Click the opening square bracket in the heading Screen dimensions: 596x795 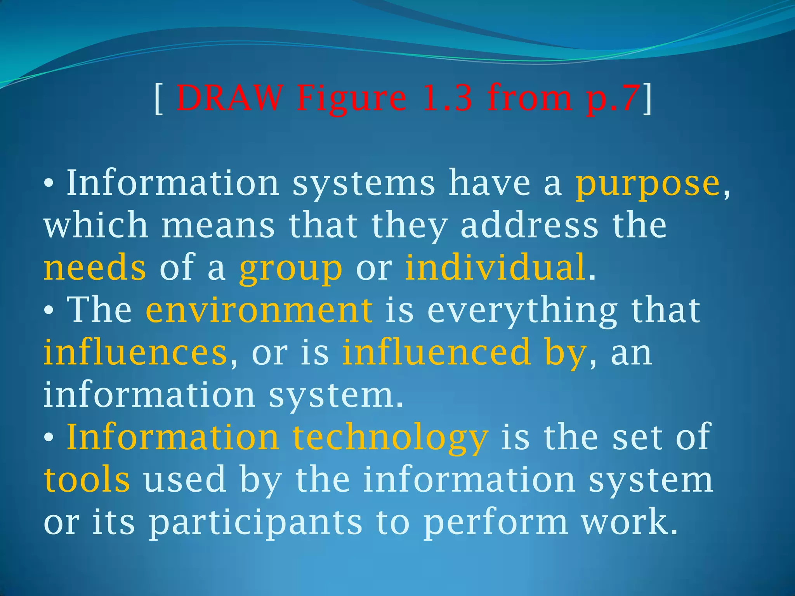(x=158, y=99)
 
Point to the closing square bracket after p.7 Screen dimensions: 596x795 (x=647, y=99)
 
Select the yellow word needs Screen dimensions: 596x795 (x=95, y=268)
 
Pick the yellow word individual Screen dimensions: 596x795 (x=495, y=267)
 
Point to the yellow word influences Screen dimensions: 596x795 (x=135, y=352)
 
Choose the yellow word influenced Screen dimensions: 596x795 (x=436, y=352)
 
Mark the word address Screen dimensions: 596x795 (x=529, y=225)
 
